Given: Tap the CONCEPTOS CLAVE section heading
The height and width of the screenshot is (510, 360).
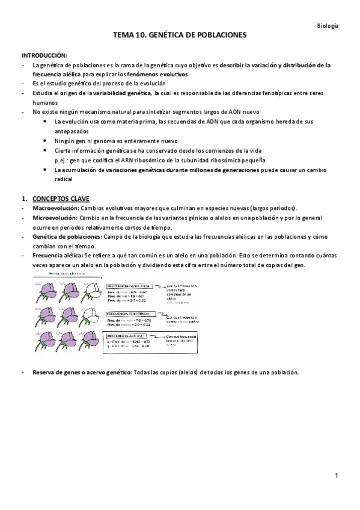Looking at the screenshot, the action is pyautogui.click(x=59, y=198).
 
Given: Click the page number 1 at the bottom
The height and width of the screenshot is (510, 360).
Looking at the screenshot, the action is pyautogui.click(x=337, y=476).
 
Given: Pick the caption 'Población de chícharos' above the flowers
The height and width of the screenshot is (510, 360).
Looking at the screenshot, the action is pyautogui.click(x=68, y=272).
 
